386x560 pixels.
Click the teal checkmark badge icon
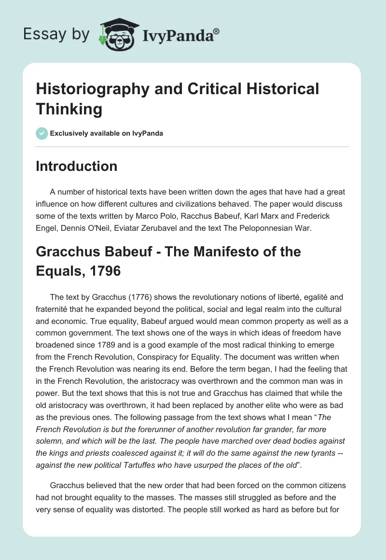pos(42,133)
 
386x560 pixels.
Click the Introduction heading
pos(77,166)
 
